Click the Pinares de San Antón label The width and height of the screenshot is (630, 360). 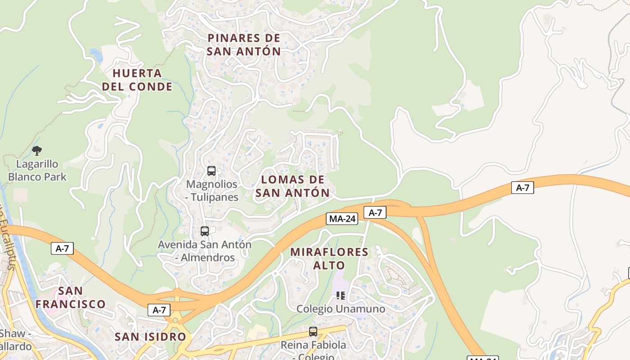click(x=244, y=45)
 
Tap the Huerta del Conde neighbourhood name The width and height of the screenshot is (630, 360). click(x=137, y=80)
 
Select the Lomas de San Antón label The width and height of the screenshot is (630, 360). click(x=292, y=186)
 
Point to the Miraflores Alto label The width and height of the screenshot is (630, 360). click(x=329, y=258)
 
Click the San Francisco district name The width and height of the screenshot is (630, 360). click(x=71, y=297)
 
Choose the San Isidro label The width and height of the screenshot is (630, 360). click(x=150, y=337)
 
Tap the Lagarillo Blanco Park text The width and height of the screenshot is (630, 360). click(x=37, y=170)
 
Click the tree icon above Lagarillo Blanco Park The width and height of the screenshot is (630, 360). click(x=37, y=150)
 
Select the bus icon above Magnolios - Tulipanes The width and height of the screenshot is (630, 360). click(x=211, y=171)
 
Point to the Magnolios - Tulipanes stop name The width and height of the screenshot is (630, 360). click(x=212, y=190)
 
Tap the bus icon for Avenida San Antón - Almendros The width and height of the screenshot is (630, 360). click(x=205, y=231)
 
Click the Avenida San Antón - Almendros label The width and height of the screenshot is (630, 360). click(x=205, y=251)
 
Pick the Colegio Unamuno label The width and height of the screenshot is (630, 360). click(x=341, y=309)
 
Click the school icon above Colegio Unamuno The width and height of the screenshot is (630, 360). click(x=341, y=296)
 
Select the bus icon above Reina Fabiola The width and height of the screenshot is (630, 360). click(x=313, y=332)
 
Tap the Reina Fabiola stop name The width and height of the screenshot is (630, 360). click(x=313, y=346)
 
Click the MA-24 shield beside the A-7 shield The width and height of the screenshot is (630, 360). click(x=342, y=219)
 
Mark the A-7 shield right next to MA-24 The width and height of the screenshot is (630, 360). click(x=375, y=212)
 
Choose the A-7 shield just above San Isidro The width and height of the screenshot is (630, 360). click(x=159, y=310)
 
